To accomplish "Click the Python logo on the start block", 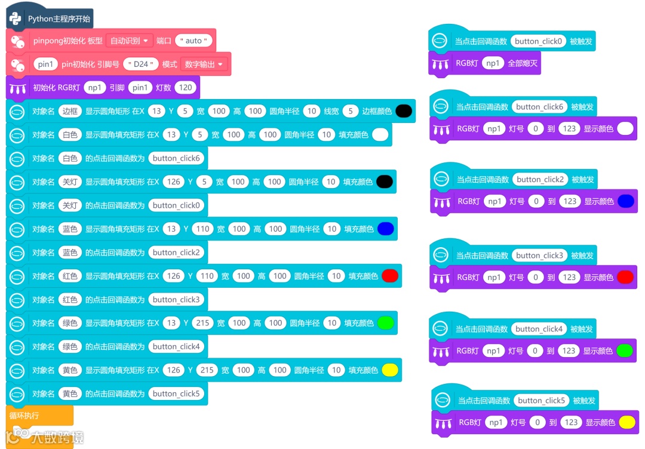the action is click(16, 19).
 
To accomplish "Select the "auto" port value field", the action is click(193, 41).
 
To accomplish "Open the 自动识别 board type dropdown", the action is click(129, 41).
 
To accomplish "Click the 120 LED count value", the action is click(186, 87).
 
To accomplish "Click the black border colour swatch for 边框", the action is click(403, 111).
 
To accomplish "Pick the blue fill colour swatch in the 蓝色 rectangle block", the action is click(385, 229).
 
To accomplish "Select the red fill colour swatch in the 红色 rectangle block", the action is click(389, 276).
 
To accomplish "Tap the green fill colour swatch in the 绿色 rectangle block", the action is click(385, 323).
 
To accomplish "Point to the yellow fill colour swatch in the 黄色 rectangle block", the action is click(389, 370).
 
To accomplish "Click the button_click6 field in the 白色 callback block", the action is click(176, 158).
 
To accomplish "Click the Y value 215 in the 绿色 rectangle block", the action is click(202, 323).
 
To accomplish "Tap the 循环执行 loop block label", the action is click(24, 415).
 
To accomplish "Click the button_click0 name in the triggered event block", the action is click(538, 41).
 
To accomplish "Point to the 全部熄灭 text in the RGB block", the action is click(523, 63).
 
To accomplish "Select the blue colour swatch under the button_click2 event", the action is click(625, 201).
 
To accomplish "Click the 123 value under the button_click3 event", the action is click(569, 277).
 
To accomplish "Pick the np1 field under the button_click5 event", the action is click(495, 422).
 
